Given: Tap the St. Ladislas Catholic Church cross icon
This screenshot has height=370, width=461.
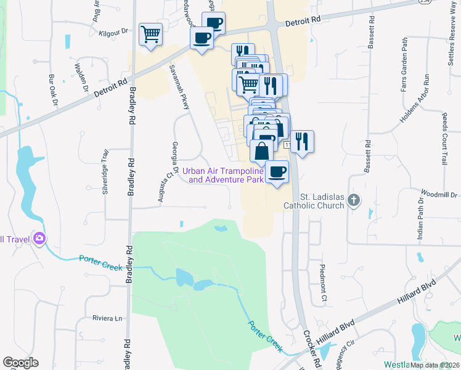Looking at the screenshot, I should [354, 200].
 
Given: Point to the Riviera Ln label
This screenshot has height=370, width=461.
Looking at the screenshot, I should [107, 318].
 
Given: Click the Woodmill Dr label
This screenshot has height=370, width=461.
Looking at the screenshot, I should [441, 195].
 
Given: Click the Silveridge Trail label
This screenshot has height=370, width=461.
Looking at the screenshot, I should [105, 171].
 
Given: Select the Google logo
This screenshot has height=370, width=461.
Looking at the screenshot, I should [20, 363].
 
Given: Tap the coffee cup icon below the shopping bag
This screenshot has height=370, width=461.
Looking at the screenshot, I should [277, 171].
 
